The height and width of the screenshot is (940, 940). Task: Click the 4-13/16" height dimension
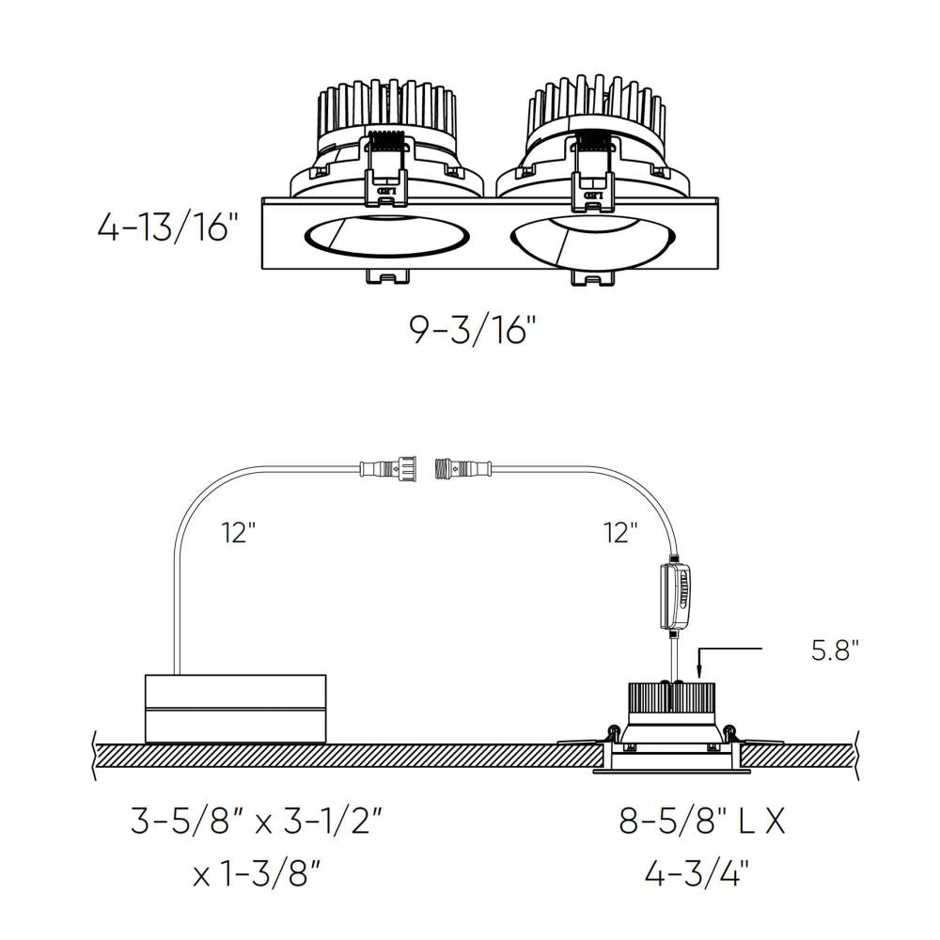[164, 227]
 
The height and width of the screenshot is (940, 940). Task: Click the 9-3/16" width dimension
[473, 331]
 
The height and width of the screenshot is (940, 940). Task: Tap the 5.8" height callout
[836, 650]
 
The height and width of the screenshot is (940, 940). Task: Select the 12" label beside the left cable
[239, 534]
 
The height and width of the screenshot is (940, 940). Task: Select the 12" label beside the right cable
[620, 534]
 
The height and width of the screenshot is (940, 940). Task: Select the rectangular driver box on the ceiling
[235, 708]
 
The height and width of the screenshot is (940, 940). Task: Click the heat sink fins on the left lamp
[385, 108]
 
